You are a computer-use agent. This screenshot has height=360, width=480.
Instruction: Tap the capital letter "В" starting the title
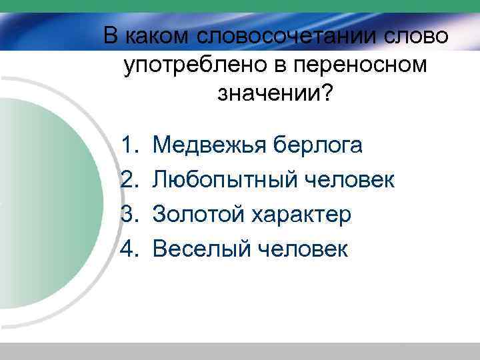[111, 35]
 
